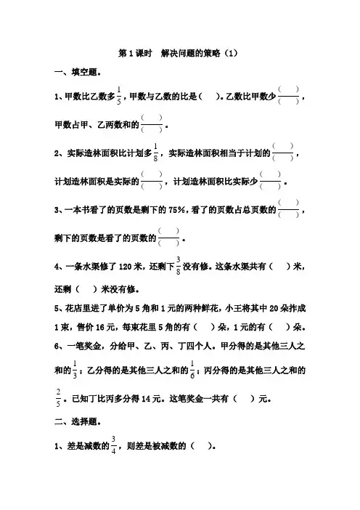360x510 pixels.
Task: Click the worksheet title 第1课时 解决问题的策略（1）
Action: coord(178,53)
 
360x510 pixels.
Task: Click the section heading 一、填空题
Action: coord(78,72)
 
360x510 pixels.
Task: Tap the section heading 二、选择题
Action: coord(78,422)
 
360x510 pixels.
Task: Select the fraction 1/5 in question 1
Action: coord(119,96)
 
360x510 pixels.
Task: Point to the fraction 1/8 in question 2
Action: coord(155,153)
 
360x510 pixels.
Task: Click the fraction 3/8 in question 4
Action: coord(178,266)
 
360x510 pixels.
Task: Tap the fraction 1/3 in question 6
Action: coord(75,370)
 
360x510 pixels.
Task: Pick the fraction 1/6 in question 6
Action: coord(192,370)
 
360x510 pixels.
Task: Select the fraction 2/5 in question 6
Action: coord(58,398)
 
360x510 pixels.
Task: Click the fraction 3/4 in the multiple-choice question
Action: coord(113,445)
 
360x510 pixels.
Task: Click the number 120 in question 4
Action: coord(125,267)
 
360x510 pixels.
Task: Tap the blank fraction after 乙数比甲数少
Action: coord(289,96)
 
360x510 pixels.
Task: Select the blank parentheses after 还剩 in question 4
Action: coord(86,289)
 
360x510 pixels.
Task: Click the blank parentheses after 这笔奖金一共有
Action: coord(244,399)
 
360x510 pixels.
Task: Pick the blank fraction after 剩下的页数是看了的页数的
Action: coord(168,238)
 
